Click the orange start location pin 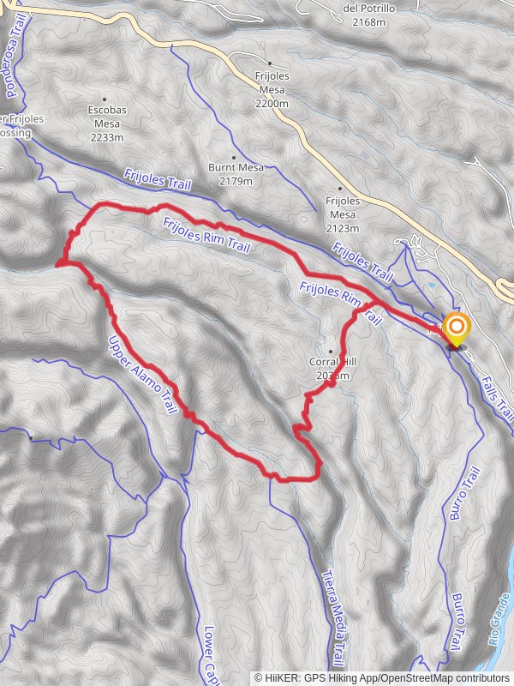coord(456,328)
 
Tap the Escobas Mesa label coord(106,116)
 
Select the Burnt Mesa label coord(236,168)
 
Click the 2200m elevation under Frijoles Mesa coord(272,103)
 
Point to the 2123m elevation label coord(341,227)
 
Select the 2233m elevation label coord(106,137)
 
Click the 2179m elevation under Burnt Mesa coord(236,181)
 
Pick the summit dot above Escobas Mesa coord(105,99)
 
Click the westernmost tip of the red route coord(57,265)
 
